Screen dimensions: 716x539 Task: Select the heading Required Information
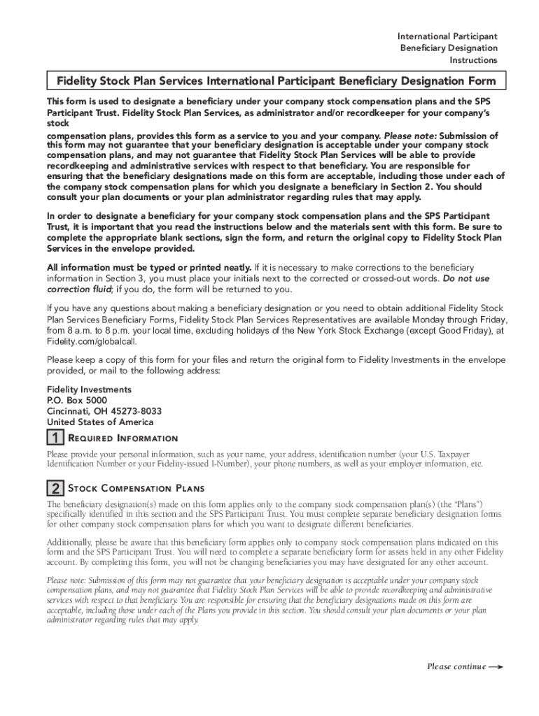point(122,438)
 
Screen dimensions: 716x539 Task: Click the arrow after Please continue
point(496,666)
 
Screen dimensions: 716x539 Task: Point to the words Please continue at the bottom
point(456,666)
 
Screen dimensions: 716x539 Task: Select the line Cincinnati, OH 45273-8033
point(104,411)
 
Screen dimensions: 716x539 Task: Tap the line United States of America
point(100,422)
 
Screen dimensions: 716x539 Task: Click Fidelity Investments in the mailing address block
point(89,389)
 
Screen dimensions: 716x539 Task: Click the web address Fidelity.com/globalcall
point(87,341)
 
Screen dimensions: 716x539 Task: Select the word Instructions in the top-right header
point(474,61)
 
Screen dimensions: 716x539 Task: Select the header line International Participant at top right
point(447,36)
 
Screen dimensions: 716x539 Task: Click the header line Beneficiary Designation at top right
point(449,48)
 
